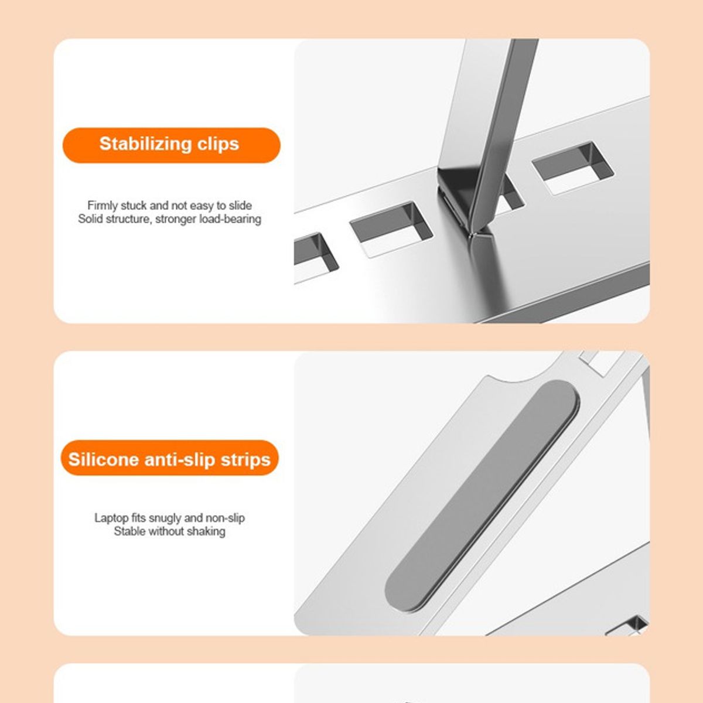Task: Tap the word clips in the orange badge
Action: (217, 144)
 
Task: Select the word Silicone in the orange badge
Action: (103, 459)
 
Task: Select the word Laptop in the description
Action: (111, 518)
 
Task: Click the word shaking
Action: (206, 531)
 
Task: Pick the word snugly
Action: (165, 518)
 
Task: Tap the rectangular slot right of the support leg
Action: (574, 168)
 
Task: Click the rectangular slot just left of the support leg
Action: (391, 229)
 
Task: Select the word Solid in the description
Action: (90, 219)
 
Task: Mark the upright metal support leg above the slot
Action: (492, 117)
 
